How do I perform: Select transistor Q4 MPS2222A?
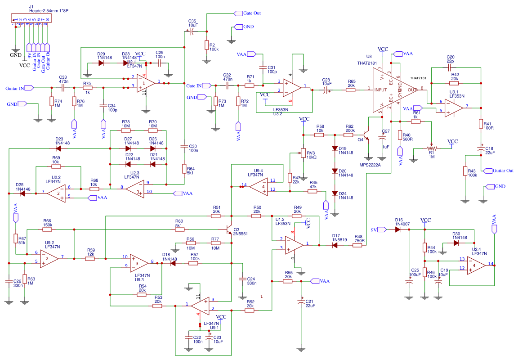365,135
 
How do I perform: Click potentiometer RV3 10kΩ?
303,154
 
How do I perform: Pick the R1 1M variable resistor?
432,148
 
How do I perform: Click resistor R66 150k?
47,229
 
